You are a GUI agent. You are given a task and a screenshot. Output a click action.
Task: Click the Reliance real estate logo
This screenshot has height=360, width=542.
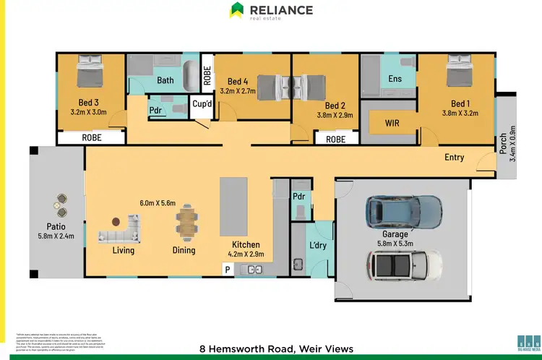[x=271, y=11]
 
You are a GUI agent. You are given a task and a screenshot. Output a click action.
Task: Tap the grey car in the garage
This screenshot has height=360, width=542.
[x=403, y=210]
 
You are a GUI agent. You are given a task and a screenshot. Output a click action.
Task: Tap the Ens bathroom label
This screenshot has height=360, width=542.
[x=395, y=78]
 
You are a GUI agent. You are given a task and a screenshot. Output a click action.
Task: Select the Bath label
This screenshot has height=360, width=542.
[x=165, y=80]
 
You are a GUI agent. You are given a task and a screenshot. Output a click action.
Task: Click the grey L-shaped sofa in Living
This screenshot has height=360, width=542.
[x=119, y=233]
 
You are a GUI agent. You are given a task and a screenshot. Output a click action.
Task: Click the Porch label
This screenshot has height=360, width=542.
[x=504, y=146]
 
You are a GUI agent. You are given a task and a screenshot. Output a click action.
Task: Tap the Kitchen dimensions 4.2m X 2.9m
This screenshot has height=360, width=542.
[x=246, y=254]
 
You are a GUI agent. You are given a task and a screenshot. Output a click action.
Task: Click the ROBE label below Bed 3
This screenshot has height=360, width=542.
[x=91, y=137]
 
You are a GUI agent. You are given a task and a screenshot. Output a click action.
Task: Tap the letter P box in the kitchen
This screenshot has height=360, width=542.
[x=228, y=270]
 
